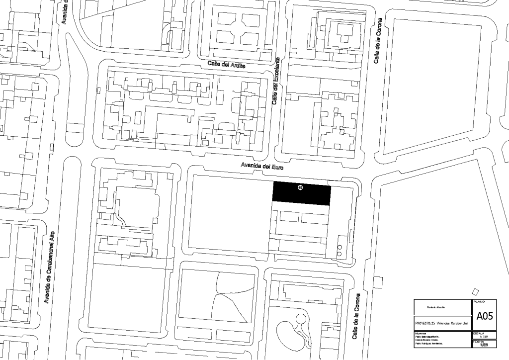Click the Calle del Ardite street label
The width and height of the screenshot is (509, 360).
(226, 65)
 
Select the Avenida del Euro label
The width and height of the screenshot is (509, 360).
(262, 167)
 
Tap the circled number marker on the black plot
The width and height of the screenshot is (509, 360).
(300, 187)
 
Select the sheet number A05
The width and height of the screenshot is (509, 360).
(484, 316)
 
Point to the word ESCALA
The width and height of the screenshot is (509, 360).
(479, 333)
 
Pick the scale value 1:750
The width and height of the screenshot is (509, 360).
(484, 337)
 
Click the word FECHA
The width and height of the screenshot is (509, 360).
(478, 342)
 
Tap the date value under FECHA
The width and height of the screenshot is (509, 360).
(484, 346)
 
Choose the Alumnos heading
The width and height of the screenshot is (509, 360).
(421, 333)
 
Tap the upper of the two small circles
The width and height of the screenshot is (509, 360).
(339, 247)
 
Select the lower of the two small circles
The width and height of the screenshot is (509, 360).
(339, 254)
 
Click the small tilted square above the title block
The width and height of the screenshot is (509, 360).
(476, 291)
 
